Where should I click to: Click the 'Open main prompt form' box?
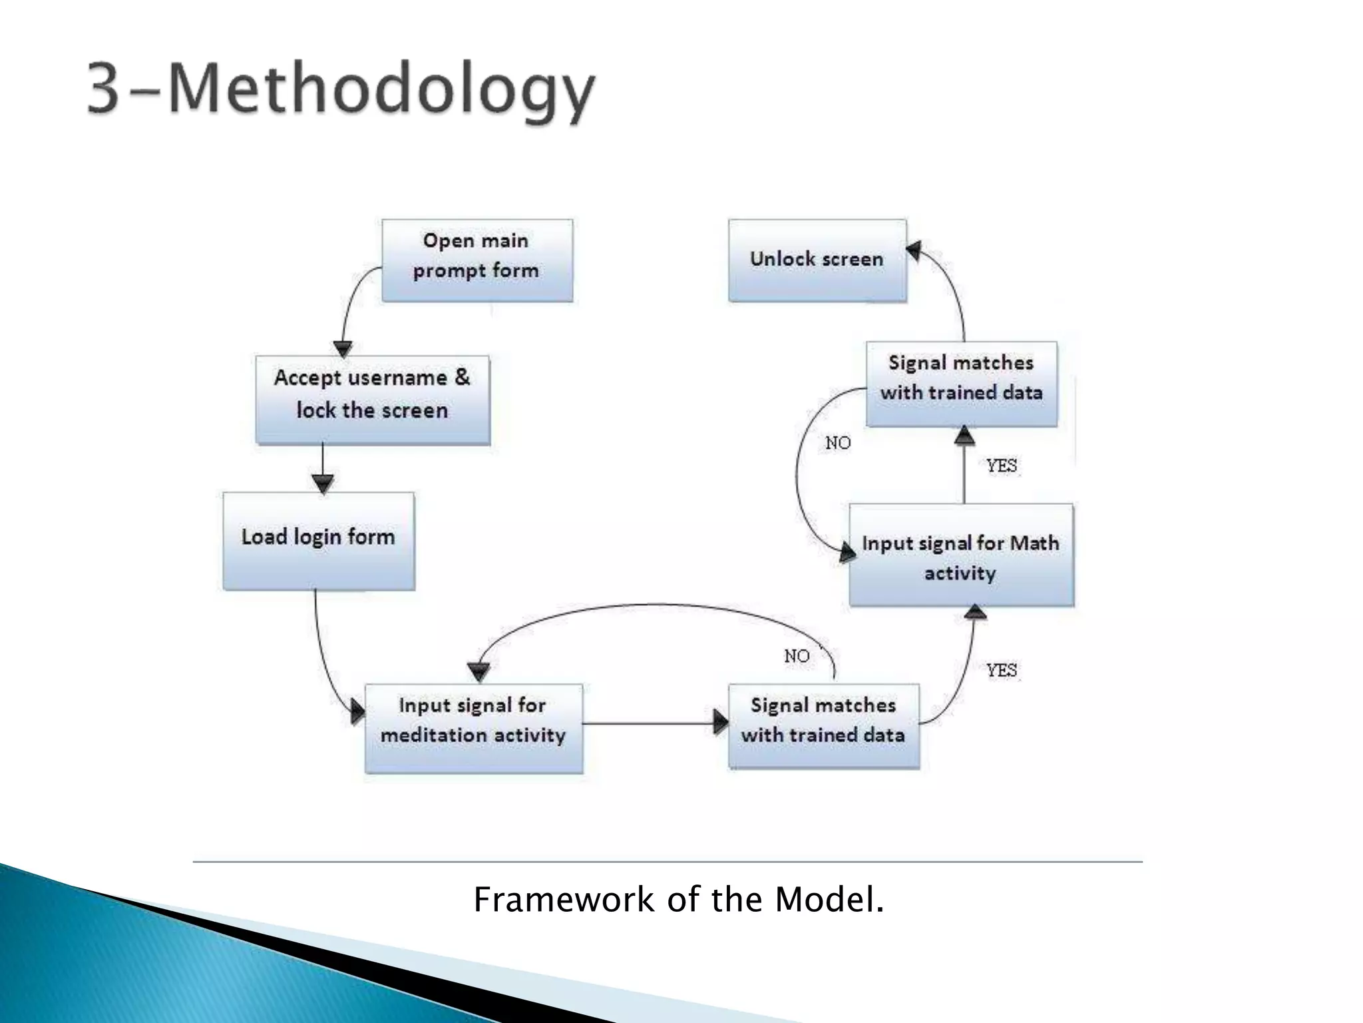[477, 260]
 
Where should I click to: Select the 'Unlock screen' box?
[817, 260]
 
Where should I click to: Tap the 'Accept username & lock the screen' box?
[373, 400]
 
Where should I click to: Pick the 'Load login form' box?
[318, 540]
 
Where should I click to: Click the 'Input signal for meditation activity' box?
[473, 727]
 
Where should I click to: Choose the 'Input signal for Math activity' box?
[961, 555]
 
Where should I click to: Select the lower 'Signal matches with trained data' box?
[823, 725]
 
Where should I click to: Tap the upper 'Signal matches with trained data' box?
[961, 384]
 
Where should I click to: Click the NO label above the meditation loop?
[797, 656]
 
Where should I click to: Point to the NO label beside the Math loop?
[838, 443]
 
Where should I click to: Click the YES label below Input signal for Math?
[1002, 670]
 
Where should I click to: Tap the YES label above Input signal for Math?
[1002, 466]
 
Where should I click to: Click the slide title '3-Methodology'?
[340, 91]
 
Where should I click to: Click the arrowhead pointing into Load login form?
[323, 484]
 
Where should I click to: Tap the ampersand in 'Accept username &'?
[462, 377]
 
